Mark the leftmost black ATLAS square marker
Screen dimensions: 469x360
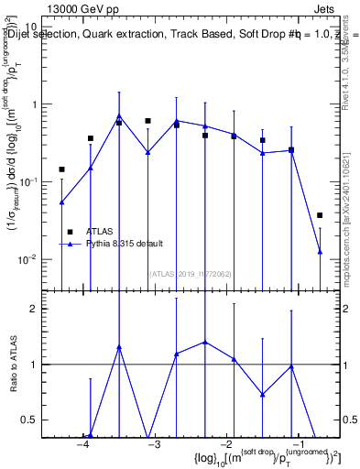[62, 169]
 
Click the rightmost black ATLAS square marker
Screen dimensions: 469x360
[320, 215]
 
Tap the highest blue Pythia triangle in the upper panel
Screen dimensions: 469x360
[119, 116]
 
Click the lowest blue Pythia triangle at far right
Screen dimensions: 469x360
[320, 251]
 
